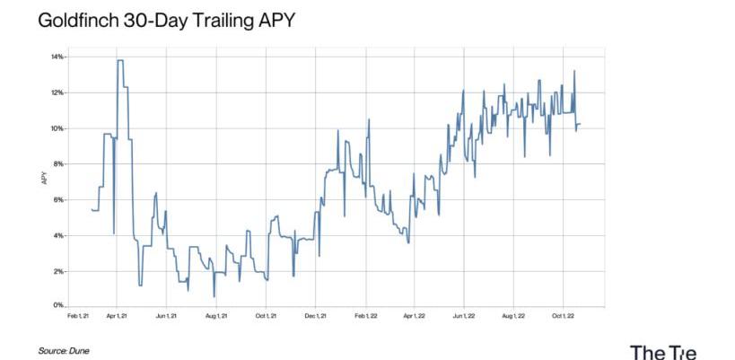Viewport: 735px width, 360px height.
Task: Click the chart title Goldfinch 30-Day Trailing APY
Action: (166, 19)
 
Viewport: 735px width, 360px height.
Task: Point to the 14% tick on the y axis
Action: (57, 57)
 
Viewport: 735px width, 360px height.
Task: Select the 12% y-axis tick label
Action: (57, 93)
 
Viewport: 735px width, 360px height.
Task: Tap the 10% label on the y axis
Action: (57, 128)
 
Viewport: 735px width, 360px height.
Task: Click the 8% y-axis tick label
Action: (57, 164)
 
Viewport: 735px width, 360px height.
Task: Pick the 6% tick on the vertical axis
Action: (57, 200)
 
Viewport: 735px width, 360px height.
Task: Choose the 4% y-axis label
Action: (57, 236)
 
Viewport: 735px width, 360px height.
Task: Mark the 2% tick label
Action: (57, 271)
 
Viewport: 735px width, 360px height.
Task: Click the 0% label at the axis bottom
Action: (57, 307)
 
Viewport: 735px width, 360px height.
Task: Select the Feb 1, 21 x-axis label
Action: (77, 316)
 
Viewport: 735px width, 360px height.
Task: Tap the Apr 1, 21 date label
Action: (118, 316)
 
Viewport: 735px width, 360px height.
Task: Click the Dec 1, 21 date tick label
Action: (316, 316)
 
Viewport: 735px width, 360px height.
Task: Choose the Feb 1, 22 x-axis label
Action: (365, 316)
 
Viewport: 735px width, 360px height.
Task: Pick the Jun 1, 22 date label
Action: (463, 316)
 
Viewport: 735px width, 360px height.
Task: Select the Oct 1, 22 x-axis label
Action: (563, 316)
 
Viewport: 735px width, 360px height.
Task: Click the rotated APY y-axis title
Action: (43, 180)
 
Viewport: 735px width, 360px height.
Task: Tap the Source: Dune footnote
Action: (64, 350)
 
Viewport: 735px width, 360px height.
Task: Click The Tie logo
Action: (662, 351)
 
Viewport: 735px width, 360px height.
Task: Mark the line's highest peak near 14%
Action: (120, 60)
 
